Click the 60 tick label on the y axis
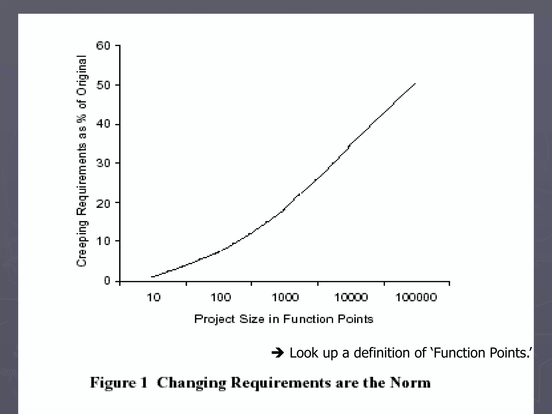pos(103,46)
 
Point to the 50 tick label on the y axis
pos(103,85)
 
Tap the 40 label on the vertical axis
pos(103,124)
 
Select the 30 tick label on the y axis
pos(103,163)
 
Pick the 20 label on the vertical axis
pos(103,203)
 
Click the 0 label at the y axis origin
pos(107,281)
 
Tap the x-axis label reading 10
pos(153,297)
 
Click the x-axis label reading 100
pos(220,297)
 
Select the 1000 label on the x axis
pos(285,297)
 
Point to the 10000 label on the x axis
pos(351,297)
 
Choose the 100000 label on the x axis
pos(416,297)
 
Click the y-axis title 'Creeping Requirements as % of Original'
pos(82,161)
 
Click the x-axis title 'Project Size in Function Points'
pos(284,319)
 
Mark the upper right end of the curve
pos(415,84)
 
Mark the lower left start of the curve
pos(152,277)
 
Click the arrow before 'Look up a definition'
pos(278,353)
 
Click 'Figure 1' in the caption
pos(119,383)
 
